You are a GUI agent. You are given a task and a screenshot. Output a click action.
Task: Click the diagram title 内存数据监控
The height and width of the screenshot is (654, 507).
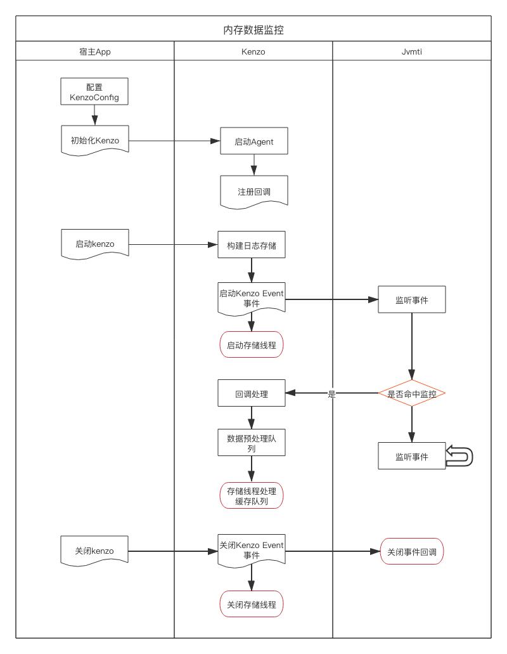pyautogui.click(x=253, y=30)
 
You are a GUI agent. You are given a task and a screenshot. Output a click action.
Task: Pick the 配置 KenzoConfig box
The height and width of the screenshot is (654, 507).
pyautogui.click(x=94, y=91)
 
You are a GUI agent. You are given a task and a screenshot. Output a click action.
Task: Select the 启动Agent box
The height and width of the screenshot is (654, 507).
pyautogui.click(x=253, y=141)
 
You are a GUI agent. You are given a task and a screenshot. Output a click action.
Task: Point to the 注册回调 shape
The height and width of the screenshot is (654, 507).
pyautogui.click(x=253, y=190)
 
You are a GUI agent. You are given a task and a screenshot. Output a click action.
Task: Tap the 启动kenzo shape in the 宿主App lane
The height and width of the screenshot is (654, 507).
pyautogui.click(x=94, y=244)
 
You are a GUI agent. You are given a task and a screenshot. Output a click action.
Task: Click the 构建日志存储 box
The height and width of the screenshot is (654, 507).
pyautogui.click(x=252, y=245)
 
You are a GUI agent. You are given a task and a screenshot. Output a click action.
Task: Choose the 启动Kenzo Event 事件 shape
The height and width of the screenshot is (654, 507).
pyautogui.click(x=252, y=298)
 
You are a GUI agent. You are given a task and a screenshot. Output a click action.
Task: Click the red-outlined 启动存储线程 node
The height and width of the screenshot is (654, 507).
pyautogui.click(x=252, y=346)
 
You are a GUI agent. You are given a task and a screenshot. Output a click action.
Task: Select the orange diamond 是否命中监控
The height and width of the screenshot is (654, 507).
pyautogui.click(x=412, y=394)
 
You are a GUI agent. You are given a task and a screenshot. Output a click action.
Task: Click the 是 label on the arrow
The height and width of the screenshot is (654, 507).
pyautogui.click(x=331, y=394)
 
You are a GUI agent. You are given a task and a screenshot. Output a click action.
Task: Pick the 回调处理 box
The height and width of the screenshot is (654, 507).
pyautogui.click(x=252, y=394)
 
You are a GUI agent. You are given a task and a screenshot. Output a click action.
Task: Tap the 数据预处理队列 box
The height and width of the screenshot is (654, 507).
pyautogui.click(x=252, y=442)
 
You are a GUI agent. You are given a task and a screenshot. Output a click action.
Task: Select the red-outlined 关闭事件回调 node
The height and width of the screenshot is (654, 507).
pyautogui.click(x=412, y=552)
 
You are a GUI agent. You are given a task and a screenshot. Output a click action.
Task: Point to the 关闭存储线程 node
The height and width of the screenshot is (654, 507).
pyautogui.click(x=252, y=605)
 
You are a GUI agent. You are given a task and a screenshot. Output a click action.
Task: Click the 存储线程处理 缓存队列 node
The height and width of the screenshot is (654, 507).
pyautogui.click(x=252, y=496)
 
